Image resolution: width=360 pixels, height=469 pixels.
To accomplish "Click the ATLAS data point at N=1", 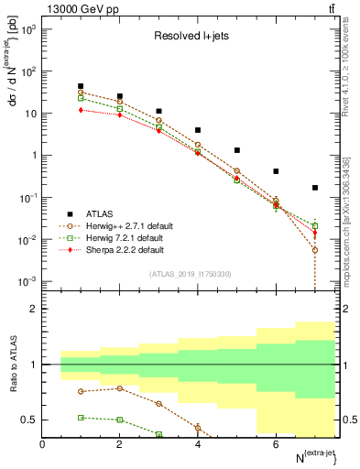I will click(82, 86).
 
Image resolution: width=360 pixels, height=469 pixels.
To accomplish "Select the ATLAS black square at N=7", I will click(315, 188).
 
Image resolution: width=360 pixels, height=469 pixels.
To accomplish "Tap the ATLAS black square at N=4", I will click(198, 130).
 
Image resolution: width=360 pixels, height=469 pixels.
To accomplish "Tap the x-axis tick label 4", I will click(198, 445).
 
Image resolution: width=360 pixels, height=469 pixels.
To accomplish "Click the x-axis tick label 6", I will click(276, 445).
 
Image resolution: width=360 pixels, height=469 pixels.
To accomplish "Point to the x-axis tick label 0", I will click(43, 445).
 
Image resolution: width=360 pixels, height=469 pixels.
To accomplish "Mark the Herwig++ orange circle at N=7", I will click(315, 250).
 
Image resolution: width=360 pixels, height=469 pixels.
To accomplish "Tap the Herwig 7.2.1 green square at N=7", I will click(315, 225).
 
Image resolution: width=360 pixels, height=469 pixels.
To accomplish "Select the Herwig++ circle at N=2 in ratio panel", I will click(120, 388).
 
